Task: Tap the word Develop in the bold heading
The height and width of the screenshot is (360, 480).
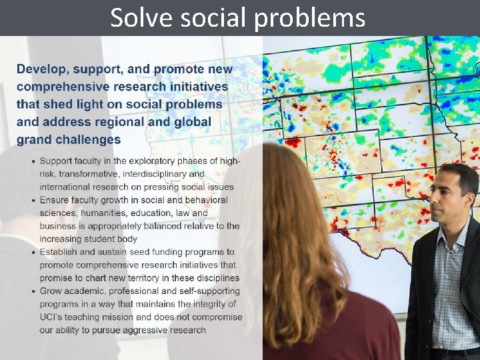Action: tap(42, 69)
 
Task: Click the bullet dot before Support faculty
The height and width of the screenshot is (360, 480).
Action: tap(33, 161)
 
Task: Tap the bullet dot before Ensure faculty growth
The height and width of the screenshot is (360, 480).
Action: tap(33, 200)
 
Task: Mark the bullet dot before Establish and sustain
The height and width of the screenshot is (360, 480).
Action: tap(33, 252)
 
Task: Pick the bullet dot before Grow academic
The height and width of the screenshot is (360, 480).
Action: tap(33, 291)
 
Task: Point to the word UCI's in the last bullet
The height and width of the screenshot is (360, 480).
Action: tap(52, 317)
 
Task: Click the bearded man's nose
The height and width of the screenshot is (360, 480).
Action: tap(435, 199)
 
